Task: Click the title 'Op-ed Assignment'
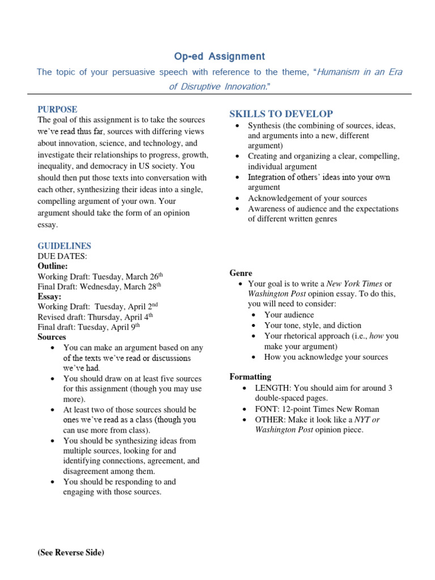tap(219, 56)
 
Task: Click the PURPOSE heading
tap(57, 109)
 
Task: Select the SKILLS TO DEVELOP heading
tap(281, 114)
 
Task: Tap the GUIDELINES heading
tap(64, 246)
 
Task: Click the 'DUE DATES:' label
tap(62, 256)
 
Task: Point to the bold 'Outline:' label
tap(53, 266)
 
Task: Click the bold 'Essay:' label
tap(50, 296)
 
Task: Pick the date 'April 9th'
tap(125, 326)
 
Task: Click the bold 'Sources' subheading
tap(52, 337)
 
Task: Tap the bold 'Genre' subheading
tap(241, 273)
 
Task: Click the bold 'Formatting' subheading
tap(250, 377)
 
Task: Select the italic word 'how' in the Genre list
tap(377, 336)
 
